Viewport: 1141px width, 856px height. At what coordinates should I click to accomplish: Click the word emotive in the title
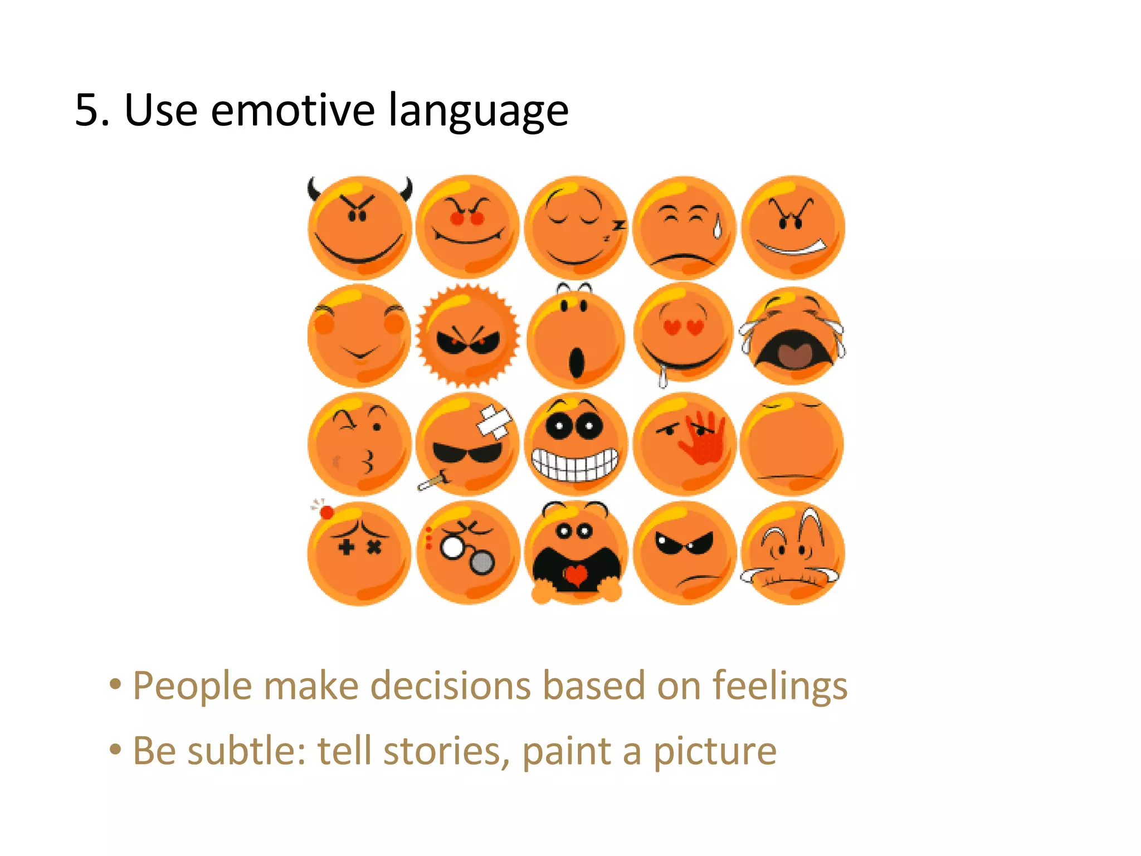tap(292, 110)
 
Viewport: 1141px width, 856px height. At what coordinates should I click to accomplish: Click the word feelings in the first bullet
tap(780, 687)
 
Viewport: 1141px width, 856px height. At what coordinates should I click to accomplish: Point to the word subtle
tap(246, 751)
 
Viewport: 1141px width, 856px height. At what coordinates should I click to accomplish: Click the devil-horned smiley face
tap(359, 228)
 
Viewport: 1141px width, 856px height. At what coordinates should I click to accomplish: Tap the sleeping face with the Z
tap(576, 228)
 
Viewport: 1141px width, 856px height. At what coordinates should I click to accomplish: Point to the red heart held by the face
tap(576, 575)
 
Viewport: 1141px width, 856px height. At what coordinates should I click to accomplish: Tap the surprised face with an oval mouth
tap(576, 336)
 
